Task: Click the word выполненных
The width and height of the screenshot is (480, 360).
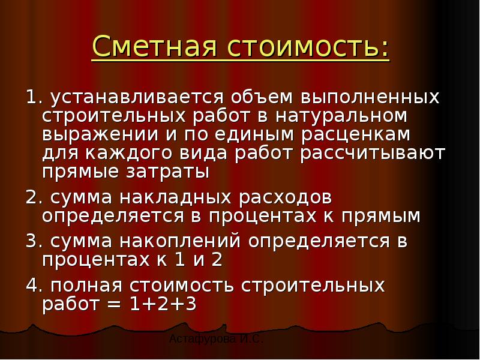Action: (x=370, y=97)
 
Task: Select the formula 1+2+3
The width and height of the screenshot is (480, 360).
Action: (x=163, y=305)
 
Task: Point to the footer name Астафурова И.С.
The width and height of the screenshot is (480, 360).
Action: (x=216, y=340)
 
